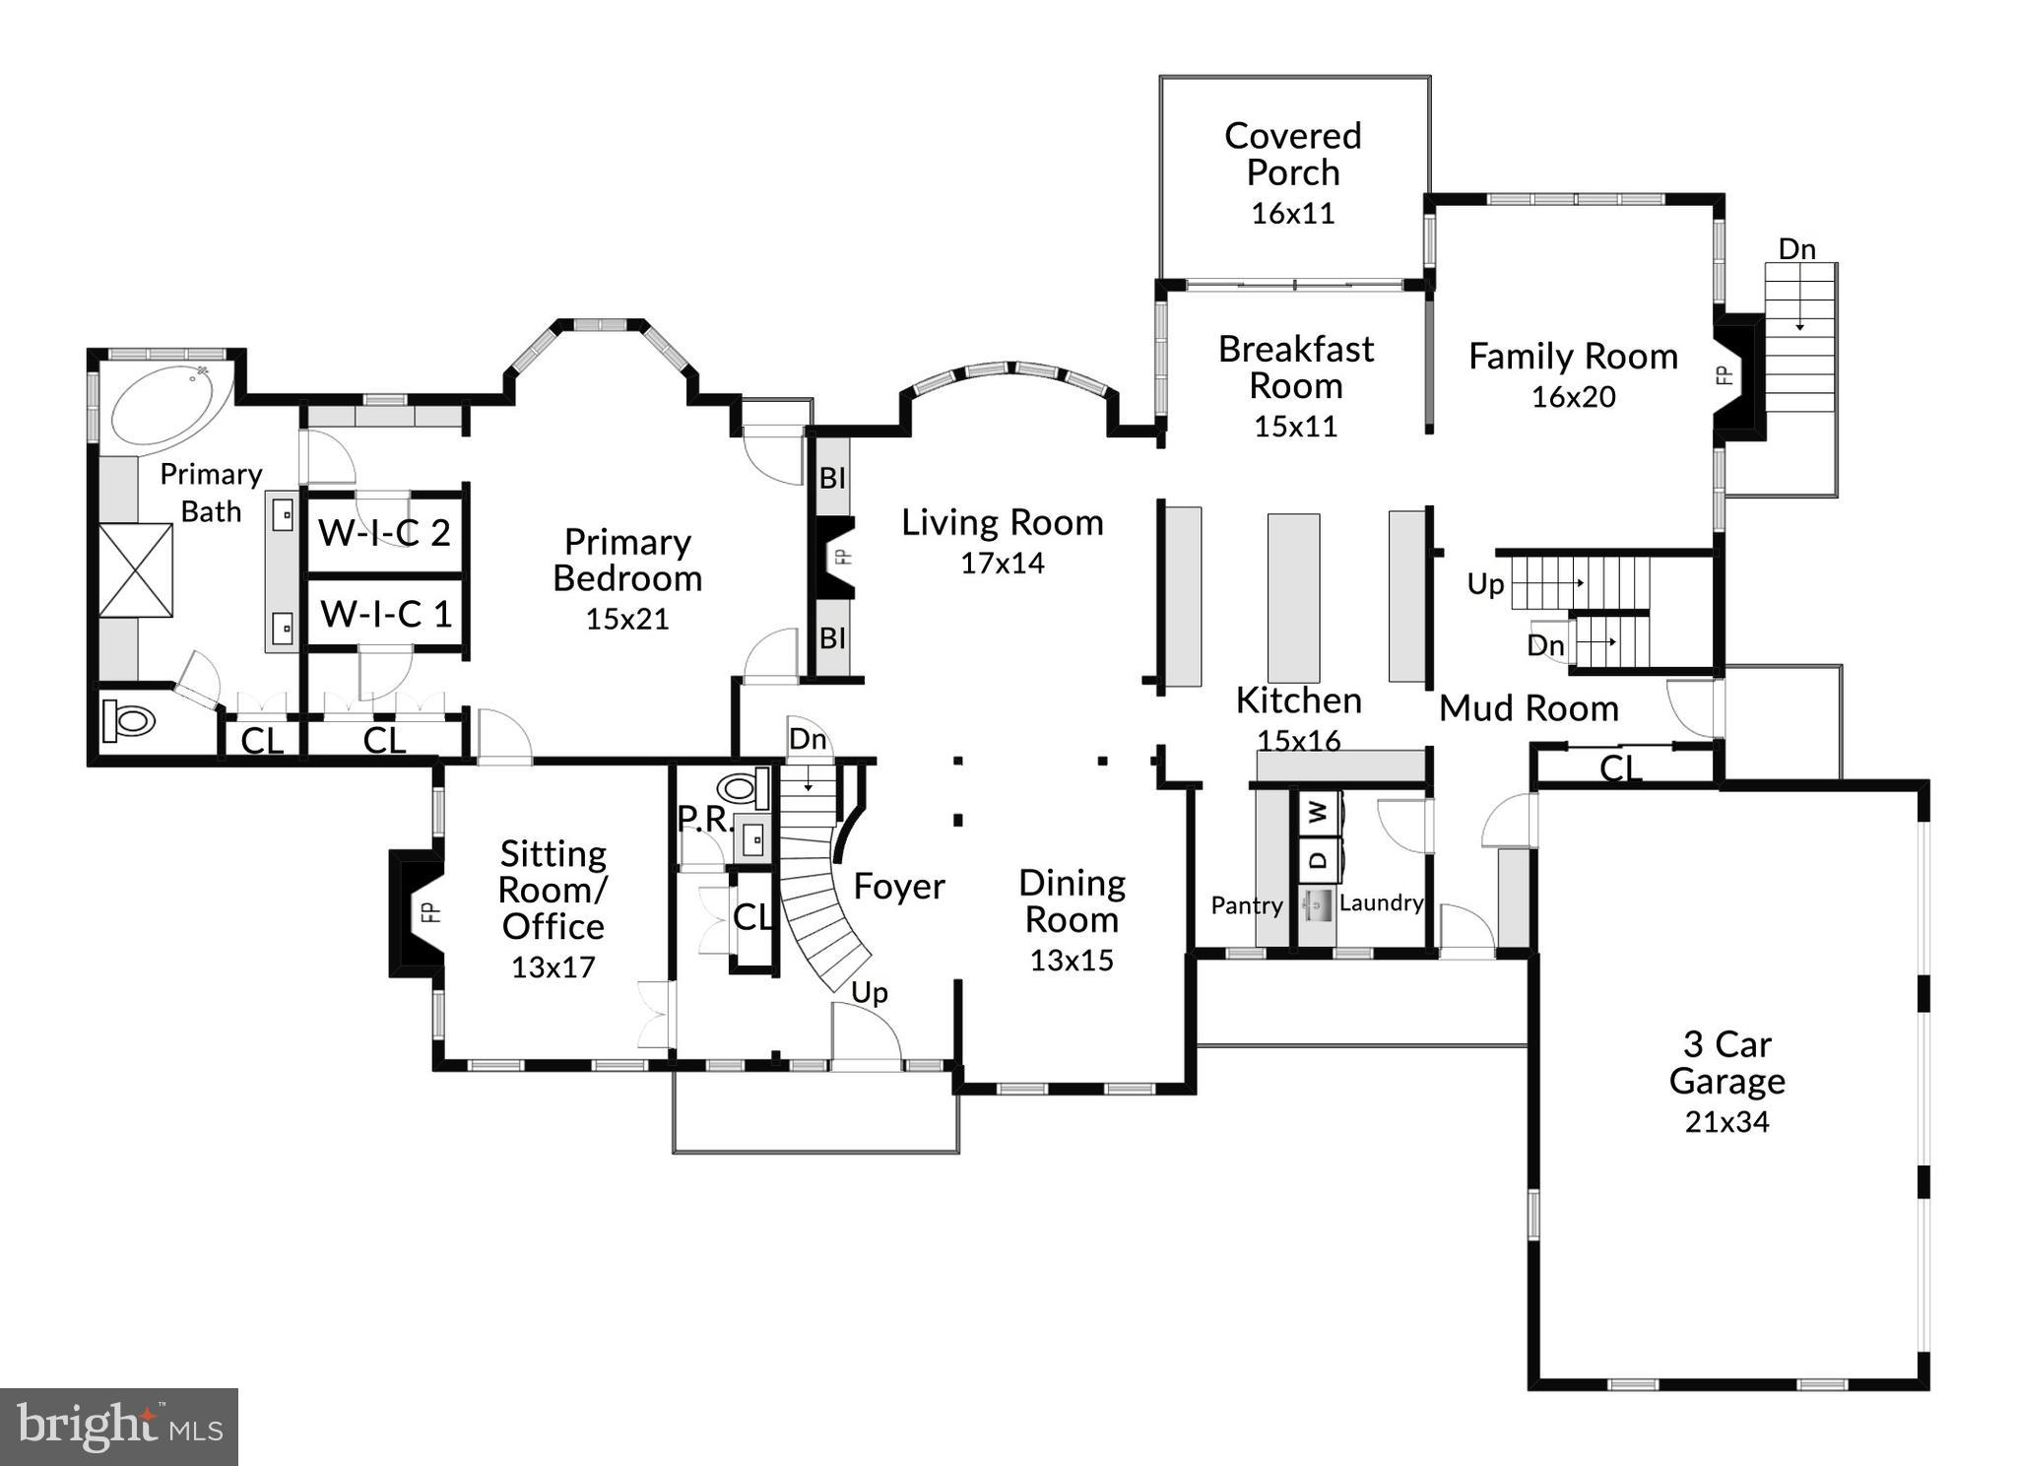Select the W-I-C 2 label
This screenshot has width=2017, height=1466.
[384, 533]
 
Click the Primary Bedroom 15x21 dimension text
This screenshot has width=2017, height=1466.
[627, 619]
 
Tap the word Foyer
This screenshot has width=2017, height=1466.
[898, 887]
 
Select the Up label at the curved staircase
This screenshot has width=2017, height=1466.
[869, 992]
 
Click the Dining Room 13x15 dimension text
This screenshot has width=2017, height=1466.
[1072, 960]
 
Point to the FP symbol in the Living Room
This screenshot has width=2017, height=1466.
[840, 557]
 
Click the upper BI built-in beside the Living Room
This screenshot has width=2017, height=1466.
[833, 478]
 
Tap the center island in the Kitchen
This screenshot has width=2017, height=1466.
[1292, 597]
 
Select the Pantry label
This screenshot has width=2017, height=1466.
[1246, 905]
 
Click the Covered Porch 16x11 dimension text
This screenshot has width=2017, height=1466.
[1292, 213]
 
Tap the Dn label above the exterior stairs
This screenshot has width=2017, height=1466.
[1796, 249]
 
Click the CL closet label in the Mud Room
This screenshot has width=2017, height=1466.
[1620, 767]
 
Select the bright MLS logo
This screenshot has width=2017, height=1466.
[119, 1427]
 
